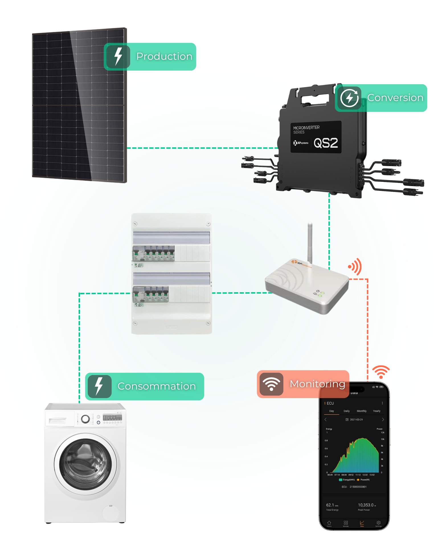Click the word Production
point(164,56)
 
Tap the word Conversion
point(395,98)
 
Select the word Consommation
point(157,386)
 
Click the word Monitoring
point(317,384)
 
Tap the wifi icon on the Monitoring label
point(271,384)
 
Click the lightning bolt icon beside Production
point(118,56)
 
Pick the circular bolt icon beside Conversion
point(349,98)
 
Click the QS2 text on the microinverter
point(325,143)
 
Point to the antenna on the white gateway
point(310,242)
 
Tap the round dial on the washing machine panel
point(85,419)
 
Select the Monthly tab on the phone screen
point(361,411)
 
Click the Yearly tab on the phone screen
point(376,411)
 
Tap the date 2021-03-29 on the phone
point(356,419)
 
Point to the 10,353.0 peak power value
point(365,505)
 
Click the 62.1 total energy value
point(330,505)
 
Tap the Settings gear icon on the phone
point(378,523)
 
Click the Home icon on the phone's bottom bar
point(329,523)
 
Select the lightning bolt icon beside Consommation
point(99,386)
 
